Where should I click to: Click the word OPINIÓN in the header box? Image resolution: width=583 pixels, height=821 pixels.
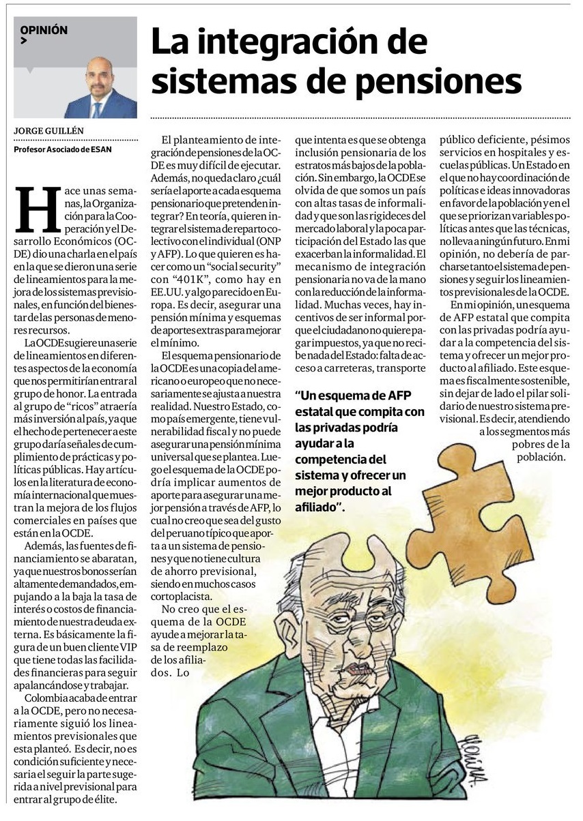pos(44,31)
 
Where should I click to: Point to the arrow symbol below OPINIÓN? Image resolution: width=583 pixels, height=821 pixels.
pos(24,42)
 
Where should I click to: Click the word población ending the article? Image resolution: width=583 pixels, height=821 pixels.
pos(541,457)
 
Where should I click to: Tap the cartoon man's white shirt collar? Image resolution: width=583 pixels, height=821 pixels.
pos(321,709)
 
